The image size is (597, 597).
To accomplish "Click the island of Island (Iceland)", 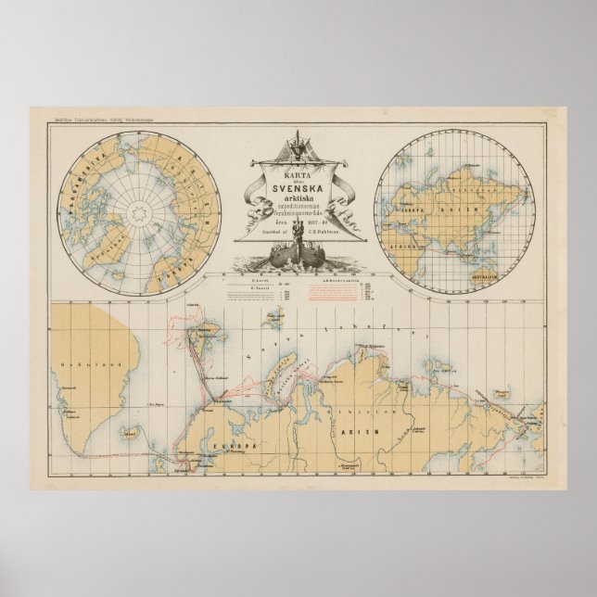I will coord(132,432).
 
